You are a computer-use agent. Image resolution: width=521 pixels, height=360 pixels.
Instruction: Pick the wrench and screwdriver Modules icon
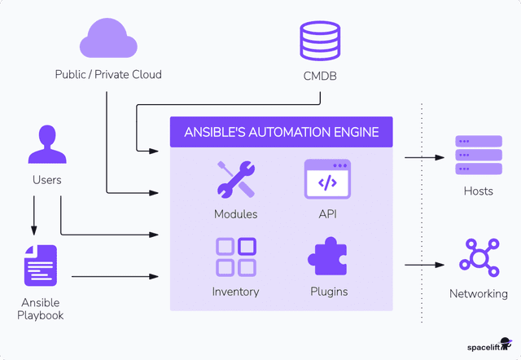(x=236, y=179)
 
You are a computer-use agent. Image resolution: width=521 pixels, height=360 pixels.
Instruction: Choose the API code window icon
(x=327, y=179)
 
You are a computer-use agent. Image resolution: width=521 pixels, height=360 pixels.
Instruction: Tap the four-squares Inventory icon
(x=236, y=257)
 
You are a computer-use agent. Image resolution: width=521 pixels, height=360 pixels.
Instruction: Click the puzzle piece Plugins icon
(x=327, y=257)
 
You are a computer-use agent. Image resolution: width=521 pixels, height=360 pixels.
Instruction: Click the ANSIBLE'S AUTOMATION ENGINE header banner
(x=281, y=132)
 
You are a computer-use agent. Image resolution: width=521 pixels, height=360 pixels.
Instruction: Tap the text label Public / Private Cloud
(x=108, y=75)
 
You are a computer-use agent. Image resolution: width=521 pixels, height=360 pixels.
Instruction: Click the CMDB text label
(x=320, y=78)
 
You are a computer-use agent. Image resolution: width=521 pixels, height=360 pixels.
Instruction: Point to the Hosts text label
(x=478, y=191)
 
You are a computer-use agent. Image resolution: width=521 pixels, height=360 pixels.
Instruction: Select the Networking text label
(x=478, y=294)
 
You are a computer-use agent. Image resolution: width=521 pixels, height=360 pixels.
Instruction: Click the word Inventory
(x=236, y=292)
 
